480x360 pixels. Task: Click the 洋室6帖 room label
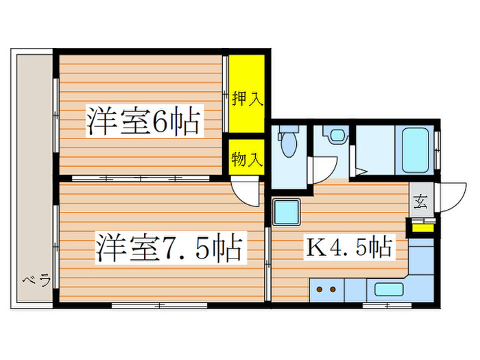143,122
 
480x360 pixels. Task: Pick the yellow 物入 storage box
247,160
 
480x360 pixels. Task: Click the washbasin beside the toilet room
336,135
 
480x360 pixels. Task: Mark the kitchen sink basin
389,289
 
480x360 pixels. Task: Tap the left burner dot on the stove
320,289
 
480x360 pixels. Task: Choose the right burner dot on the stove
334,289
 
